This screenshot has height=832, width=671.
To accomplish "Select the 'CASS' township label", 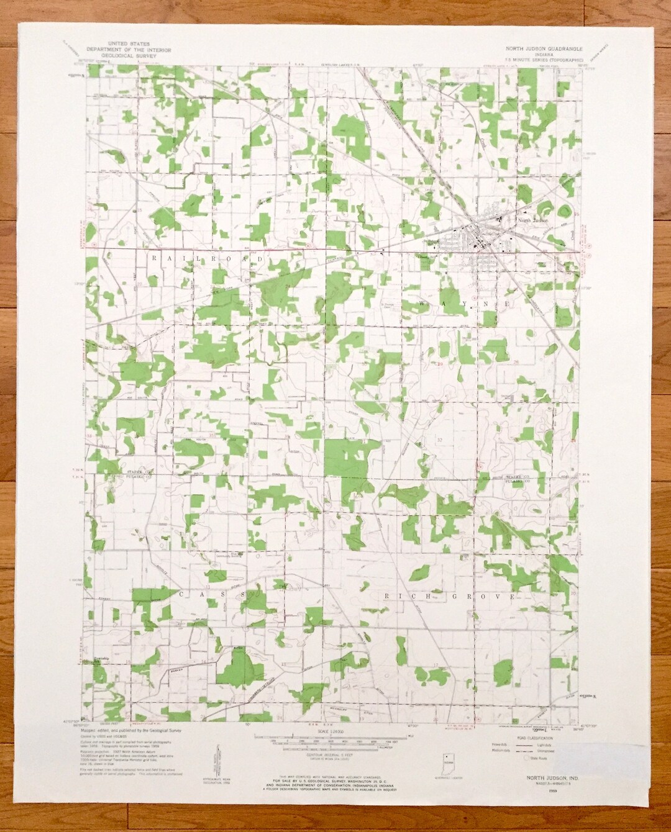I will [214, 594].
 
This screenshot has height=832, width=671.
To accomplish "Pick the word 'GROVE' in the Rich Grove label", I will [480, 597].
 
